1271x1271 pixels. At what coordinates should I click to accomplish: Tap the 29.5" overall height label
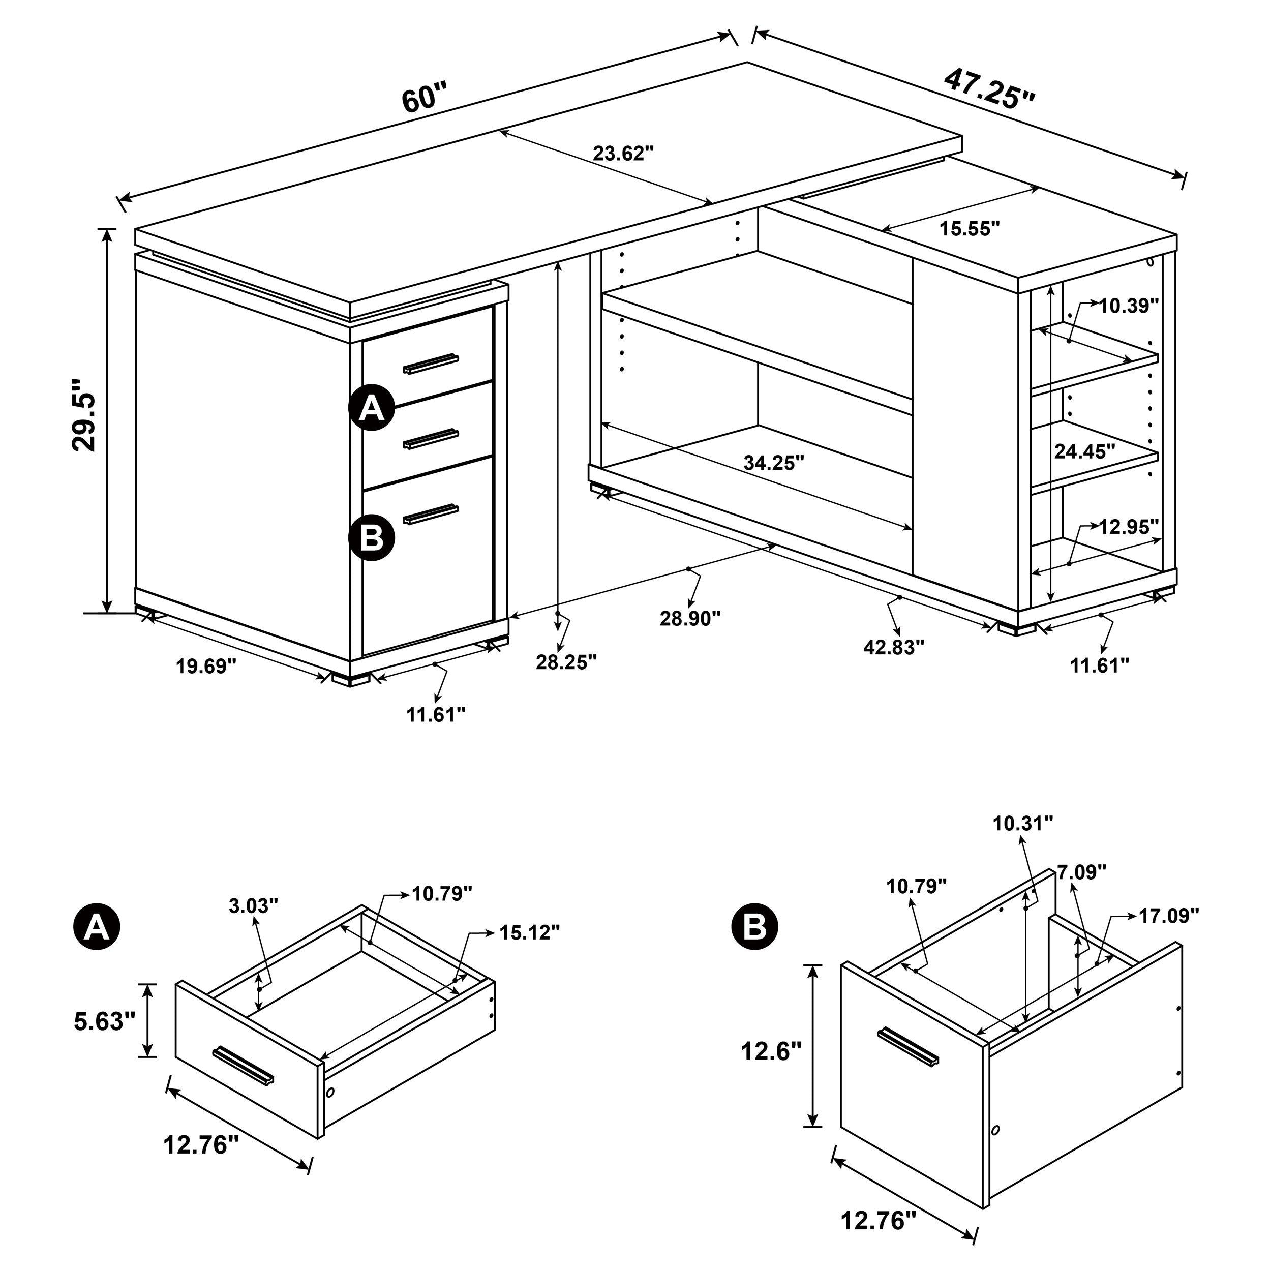pos(85,414)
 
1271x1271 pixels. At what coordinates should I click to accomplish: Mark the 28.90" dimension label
pos(690,618)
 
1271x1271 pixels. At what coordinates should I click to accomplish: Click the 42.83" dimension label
pos(893,647)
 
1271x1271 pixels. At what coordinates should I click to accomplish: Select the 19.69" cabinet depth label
pos(205,667)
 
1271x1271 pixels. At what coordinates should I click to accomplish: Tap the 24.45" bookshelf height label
pos(1085,451)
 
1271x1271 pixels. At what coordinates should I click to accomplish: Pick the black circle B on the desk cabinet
pos(372,537)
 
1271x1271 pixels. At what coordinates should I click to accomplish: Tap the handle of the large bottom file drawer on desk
pos(431,515)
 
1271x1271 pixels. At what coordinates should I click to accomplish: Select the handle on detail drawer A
pos(244,1066)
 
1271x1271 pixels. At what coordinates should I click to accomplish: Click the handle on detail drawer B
pos(908,1045)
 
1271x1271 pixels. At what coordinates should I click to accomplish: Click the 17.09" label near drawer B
pos(1169,916)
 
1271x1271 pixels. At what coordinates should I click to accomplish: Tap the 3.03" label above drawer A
pos(254,906)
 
